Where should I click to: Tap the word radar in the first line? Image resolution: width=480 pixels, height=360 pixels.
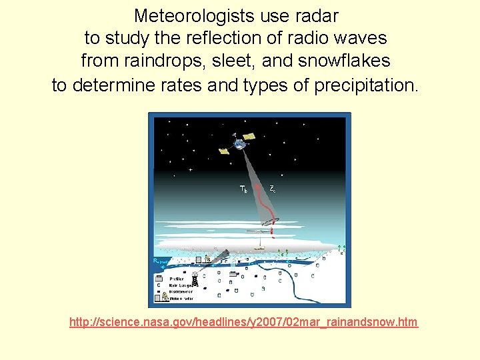(315, 15)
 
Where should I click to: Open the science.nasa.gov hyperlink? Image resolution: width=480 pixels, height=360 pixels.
(243, 323)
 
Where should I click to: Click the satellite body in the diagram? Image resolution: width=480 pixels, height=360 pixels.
(238, 143)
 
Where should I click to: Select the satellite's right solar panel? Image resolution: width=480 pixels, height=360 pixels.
(249, 136)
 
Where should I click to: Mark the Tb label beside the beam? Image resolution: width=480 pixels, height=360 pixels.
(243, 189)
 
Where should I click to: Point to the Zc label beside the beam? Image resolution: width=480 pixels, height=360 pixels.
(273, 189)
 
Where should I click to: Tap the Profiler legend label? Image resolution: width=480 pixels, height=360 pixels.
(177, 279)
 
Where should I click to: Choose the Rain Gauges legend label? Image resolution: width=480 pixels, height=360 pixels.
(181, 285)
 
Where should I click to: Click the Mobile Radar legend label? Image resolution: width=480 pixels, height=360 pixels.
(182, 298)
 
